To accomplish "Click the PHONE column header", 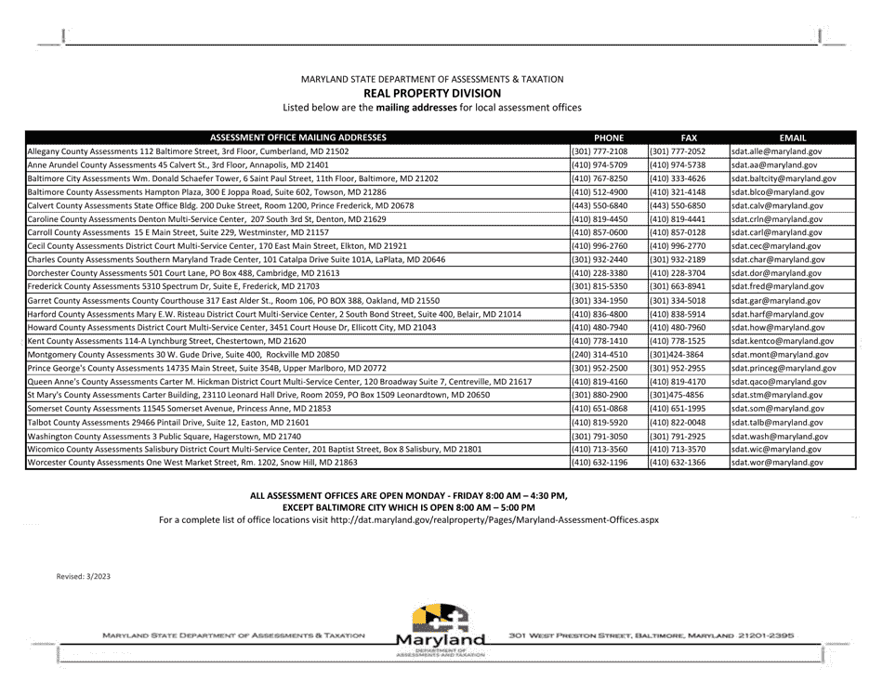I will (609, 137).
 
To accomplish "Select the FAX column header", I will (688, 137).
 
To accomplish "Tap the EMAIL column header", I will (792, 137).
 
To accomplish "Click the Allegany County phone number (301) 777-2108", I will (600, 151).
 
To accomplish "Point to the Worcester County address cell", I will (192, 462).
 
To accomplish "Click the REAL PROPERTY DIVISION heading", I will (432, 94).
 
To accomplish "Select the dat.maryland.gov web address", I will (494, 520).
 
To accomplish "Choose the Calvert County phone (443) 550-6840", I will (600, 205).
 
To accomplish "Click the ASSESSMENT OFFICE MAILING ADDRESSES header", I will (297, 137).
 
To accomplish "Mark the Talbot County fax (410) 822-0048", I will (678, 422).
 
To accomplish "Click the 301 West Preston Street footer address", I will (651, 635).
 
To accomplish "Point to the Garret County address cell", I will (233, 301).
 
